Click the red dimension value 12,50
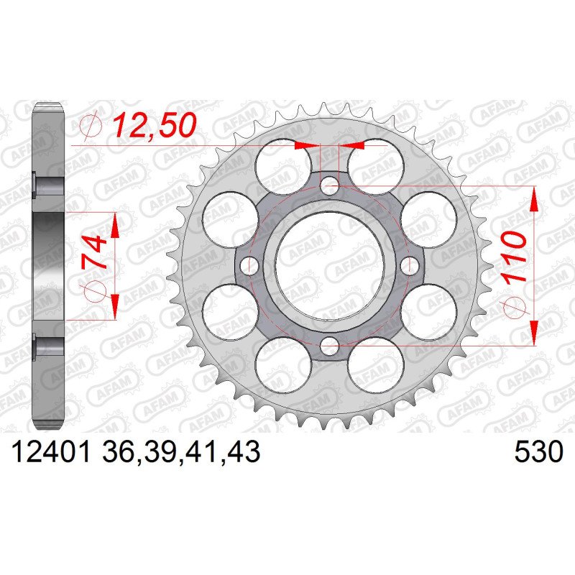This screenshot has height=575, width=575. click(x=154, y=125)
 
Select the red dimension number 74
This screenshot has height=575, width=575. click(x=94, y=253)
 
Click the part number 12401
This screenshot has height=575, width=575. click(x=51, y=452)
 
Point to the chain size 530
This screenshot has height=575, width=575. click(x=538, y=452)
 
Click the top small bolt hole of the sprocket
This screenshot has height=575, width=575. click(x=329, y=185)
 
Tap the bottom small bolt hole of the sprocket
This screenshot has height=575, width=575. click(x=329, y=346)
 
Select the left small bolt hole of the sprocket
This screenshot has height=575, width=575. click(x=249, y=265)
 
